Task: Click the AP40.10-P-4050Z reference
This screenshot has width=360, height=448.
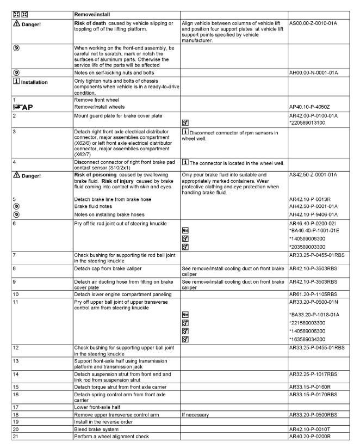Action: pos(314,108)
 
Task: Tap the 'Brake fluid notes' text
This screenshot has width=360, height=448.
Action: pos(94,206)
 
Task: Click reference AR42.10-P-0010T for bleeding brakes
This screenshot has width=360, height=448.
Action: pos(314,428)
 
